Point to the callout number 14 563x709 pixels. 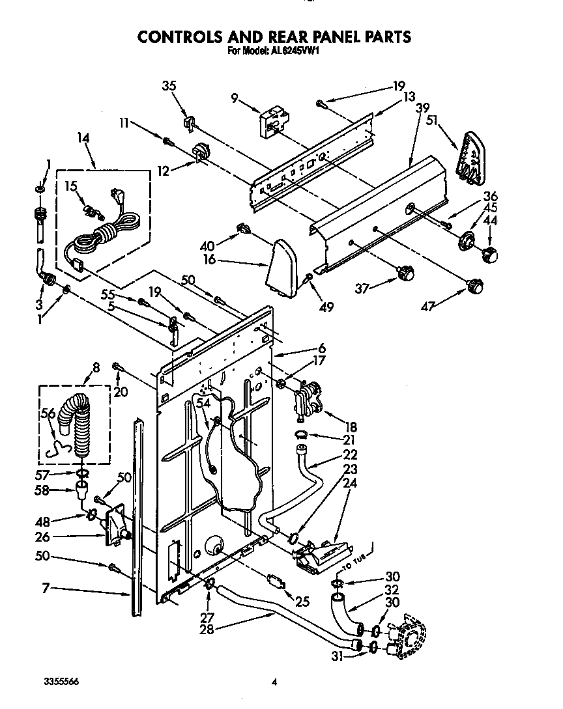83,138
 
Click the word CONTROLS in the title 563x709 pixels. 184,36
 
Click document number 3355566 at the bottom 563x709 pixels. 62,681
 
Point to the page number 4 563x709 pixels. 275,682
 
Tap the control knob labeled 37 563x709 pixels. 405,273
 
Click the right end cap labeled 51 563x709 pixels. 472,154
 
